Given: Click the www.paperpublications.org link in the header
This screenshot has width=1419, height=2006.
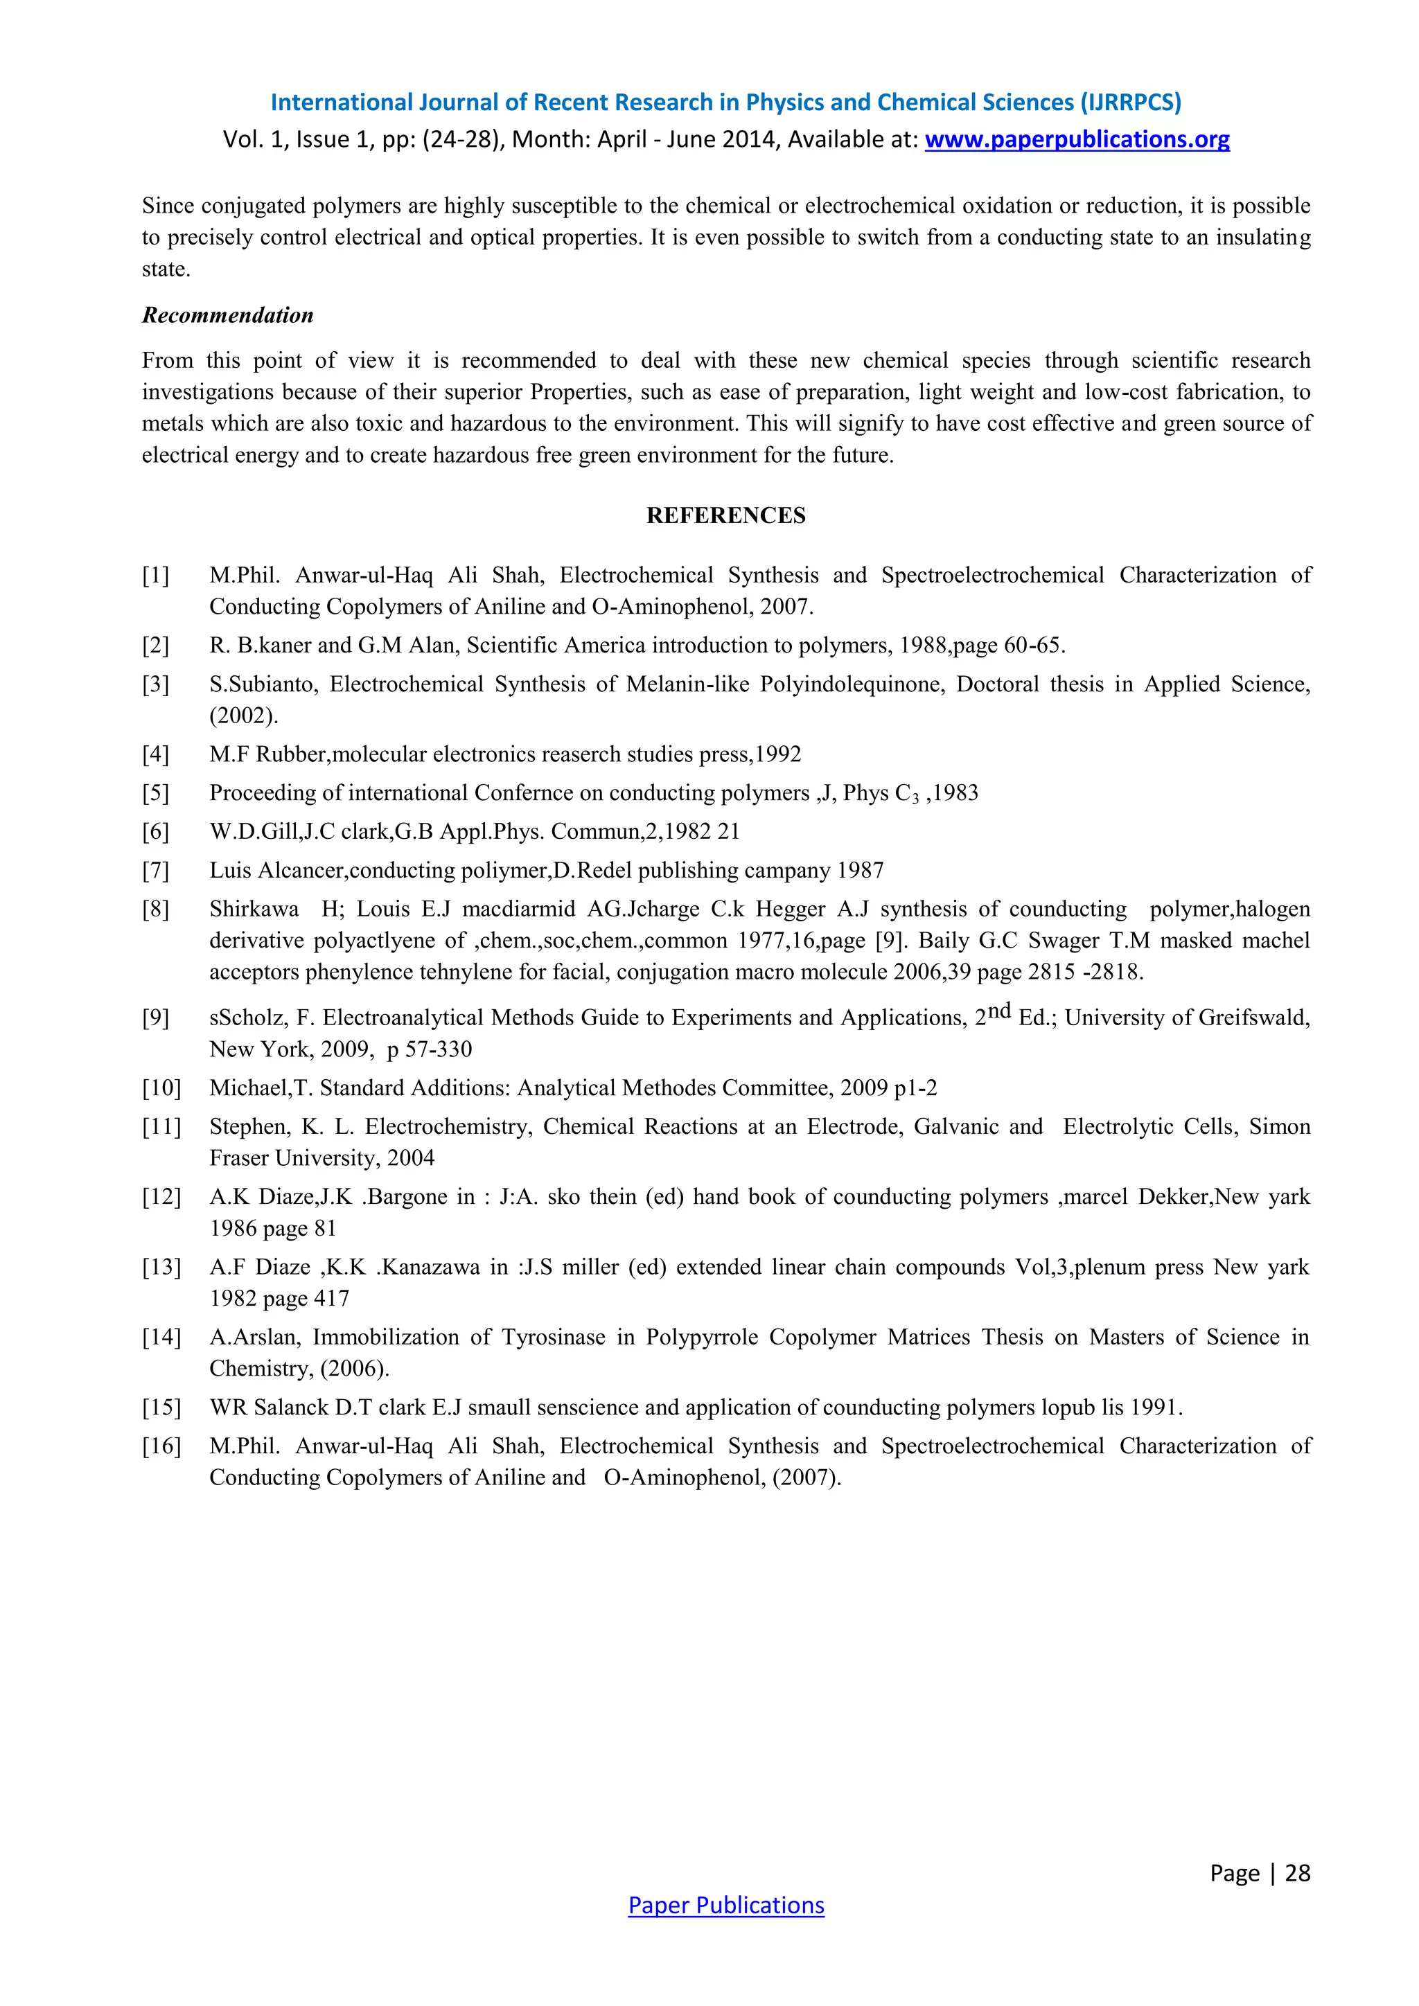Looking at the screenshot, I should tap(1077, 140).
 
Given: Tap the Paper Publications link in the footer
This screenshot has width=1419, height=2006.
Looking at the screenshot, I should tap(725, 1905).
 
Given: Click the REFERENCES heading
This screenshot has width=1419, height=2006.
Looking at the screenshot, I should tap(725, 515).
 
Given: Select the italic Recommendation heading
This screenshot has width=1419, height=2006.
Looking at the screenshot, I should tap(227, 315).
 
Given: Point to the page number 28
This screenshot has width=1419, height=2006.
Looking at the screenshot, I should tap(1298, 1872).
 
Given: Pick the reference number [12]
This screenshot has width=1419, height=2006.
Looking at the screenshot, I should tap(161, 1197).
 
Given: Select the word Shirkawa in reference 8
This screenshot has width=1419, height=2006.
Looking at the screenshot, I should tap(254, 909).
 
